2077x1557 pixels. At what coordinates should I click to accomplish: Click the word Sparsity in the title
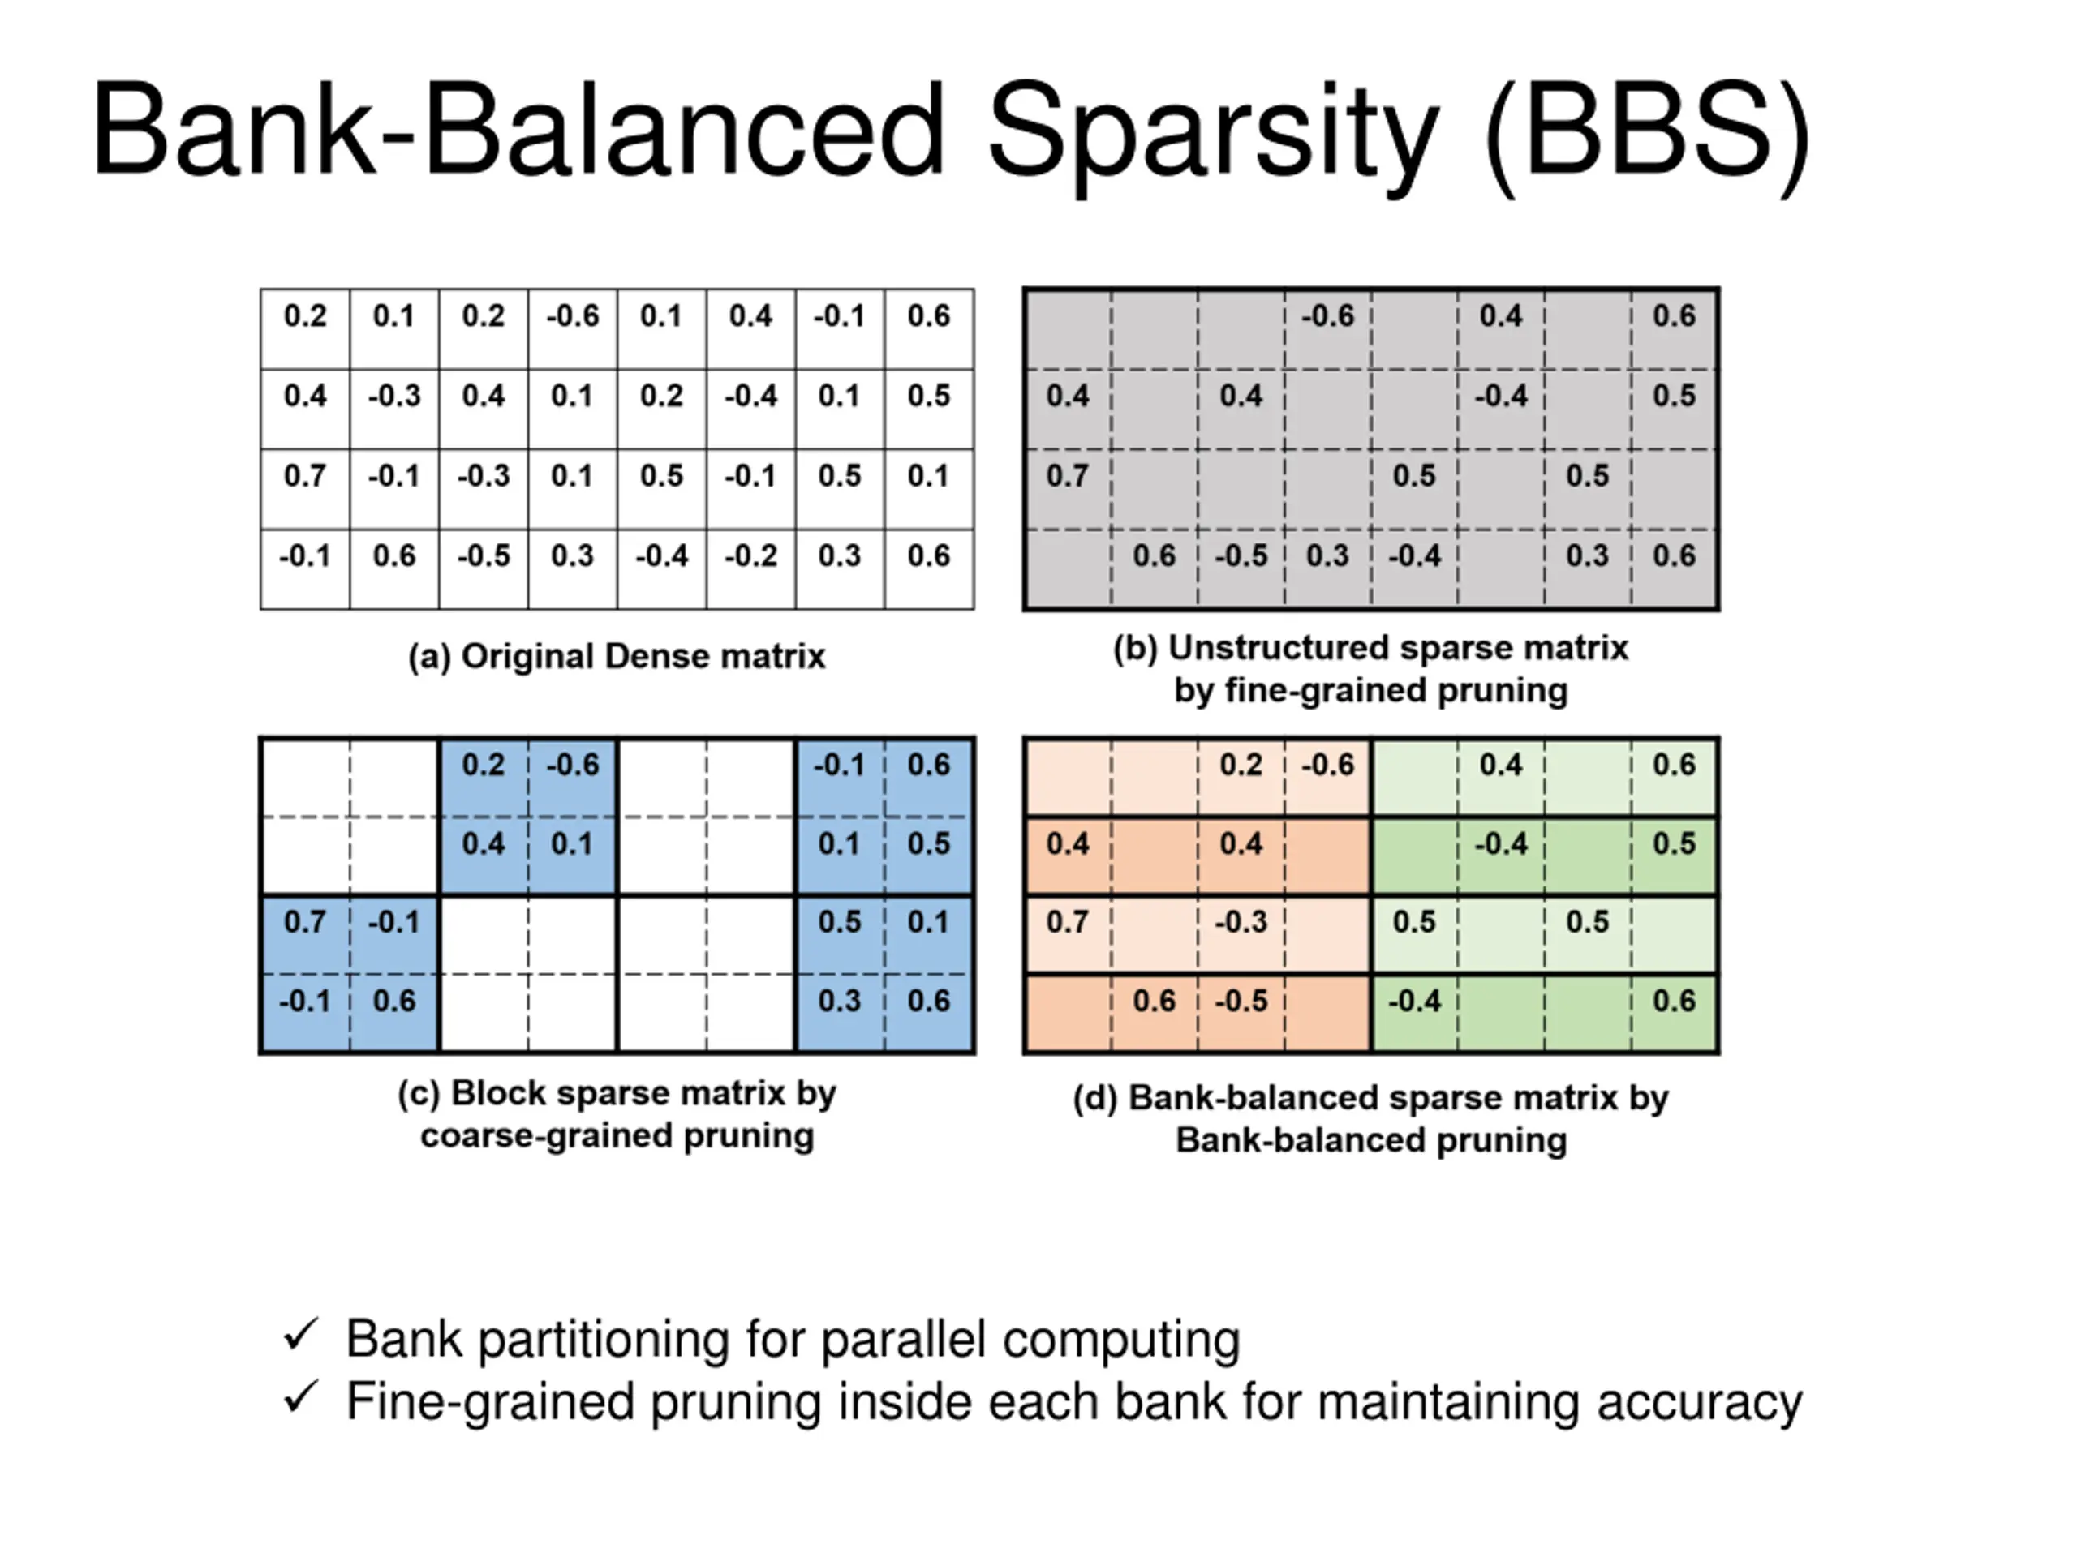[x=1211, y=131]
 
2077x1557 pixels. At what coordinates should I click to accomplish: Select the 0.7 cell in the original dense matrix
[x=305, y=476]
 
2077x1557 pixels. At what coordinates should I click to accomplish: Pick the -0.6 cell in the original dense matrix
[x=573, y=316]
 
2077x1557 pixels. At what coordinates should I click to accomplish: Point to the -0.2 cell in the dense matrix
[x=750, y=556]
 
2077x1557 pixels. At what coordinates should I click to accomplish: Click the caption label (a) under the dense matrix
[x=429, y=657]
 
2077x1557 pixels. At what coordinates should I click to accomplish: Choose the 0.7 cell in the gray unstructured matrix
[x=1068, y=476]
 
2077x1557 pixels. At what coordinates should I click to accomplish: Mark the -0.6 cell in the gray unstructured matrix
[x=1327, y=316]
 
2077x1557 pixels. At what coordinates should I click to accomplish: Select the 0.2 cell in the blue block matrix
[x=484, y=765]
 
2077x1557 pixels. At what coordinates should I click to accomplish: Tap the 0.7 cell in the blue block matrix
[x=305, y=921]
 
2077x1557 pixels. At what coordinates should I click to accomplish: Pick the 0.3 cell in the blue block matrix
[x=840, y=1001]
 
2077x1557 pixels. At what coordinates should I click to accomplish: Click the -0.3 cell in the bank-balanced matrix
[x=1241, y=921]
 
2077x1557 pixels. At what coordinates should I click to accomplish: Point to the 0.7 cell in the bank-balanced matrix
[x=1068, y=921]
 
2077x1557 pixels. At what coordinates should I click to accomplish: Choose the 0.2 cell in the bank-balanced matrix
[x=1241, y=765]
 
